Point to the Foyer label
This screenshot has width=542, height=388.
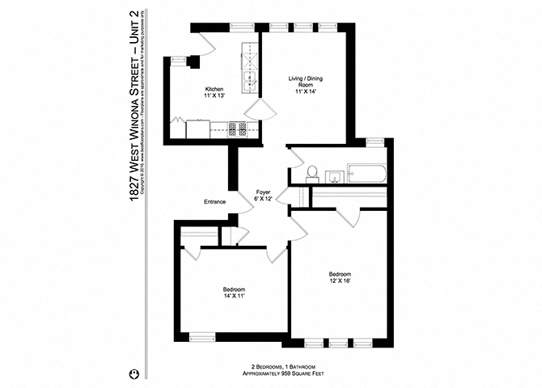[263, 192]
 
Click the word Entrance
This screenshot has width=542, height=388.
[214, 201]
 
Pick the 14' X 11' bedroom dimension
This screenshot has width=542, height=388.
[234, 297]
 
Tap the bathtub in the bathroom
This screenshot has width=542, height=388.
[366, 173]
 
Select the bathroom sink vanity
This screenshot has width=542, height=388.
[332, 175]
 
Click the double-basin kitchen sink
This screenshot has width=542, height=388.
[250, 79]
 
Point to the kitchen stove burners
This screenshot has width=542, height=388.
[238, 128]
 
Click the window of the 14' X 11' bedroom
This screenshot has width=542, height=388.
[201, 335]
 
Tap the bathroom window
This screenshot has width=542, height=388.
[375, 142]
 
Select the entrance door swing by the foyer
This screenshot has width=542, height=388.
[243, 204]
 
